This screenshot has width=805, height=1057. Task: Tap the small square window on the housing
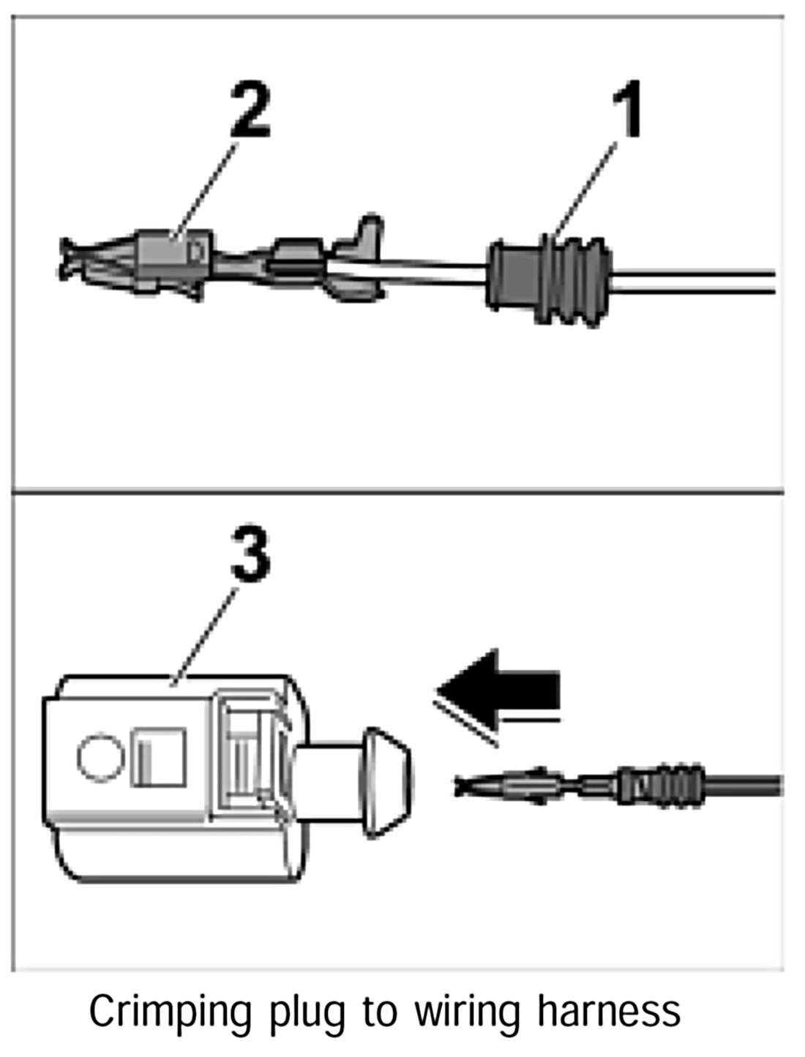tap(157, 756)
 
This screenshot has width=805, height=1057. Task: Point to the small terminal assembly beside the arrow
tap(585, 786)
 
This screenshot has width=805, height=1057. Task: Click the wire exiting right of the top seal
tap(695, 282)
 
